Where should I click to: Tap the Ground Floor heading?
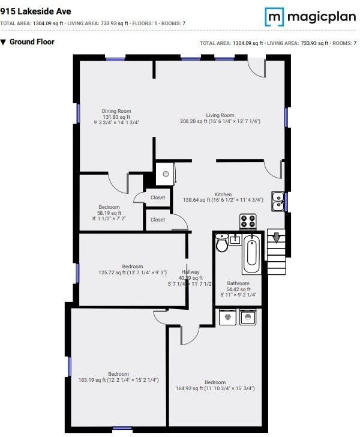[x=31, y=42]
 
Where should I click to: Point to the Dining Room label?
[x=116, y=111]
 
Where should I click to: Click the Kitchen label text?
[x=223, y=194]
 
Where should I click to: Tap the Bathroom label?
[x=238, y=283]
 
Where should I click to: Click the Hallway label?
[x=191, y=271]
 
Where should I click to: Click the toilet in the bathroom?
[x=222, y=243]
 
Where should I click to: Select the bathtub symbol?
[x=251, y=253]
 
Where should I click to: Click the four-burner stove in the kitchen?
[x=249, y=222]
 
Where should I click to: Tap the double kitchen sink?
[x=278, y=201]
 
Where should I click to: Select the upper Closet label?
[x=158, y=197]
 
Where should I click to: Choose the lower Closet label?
[x=158, y=220]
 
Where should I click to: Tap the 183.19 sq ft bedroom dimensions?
[x=118, y=380]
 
